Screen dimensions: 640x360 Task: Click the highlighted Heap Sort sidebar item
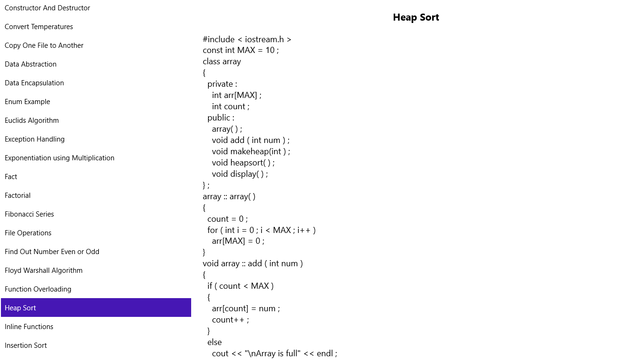(x=96, y=307)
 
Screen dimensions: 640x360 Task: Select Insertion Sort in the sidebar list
(x=26, y=345)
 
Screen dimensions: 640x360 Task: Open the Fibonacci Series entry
(x=29, y=214)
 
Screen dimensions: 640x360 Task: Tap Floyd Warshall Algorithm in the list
(x=44, y=270)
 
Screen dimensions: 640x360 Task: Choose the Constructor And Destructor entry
(x=47, y=8)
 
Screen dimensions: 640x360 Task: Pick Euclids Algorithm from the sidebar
(x=32, y=120)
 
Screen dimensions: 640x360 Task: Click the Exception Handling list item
(x=35, y=139)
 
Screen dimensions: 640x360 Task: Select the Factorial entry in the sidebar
(x=17, y=195)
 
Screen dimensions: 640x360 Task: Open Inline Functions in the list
(x=29, y=327)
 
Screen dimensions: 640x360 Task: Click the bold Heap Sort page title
(x=416, y=17)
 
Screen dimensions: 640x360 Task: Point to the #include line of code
(x=247, y=39)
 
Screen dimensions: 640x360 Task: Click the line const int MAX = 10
(x=240, y=50)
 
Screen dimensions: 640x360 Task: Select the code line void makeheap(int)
(x=251, y=151)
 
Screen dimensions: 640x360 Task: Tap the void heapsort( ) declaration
(x=243, y=163)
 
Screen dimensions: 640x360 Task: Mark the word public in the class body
(x=219, y=118)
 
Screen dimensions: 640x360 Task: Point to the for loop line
(x=261, y=230)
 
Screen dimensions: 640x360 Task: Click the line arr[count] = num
(x=246, y=308)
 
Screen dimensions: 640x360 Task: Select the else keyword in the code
(x=214, y=342)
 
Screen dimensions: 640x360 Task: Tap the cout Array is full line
(x=274, y=354)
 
